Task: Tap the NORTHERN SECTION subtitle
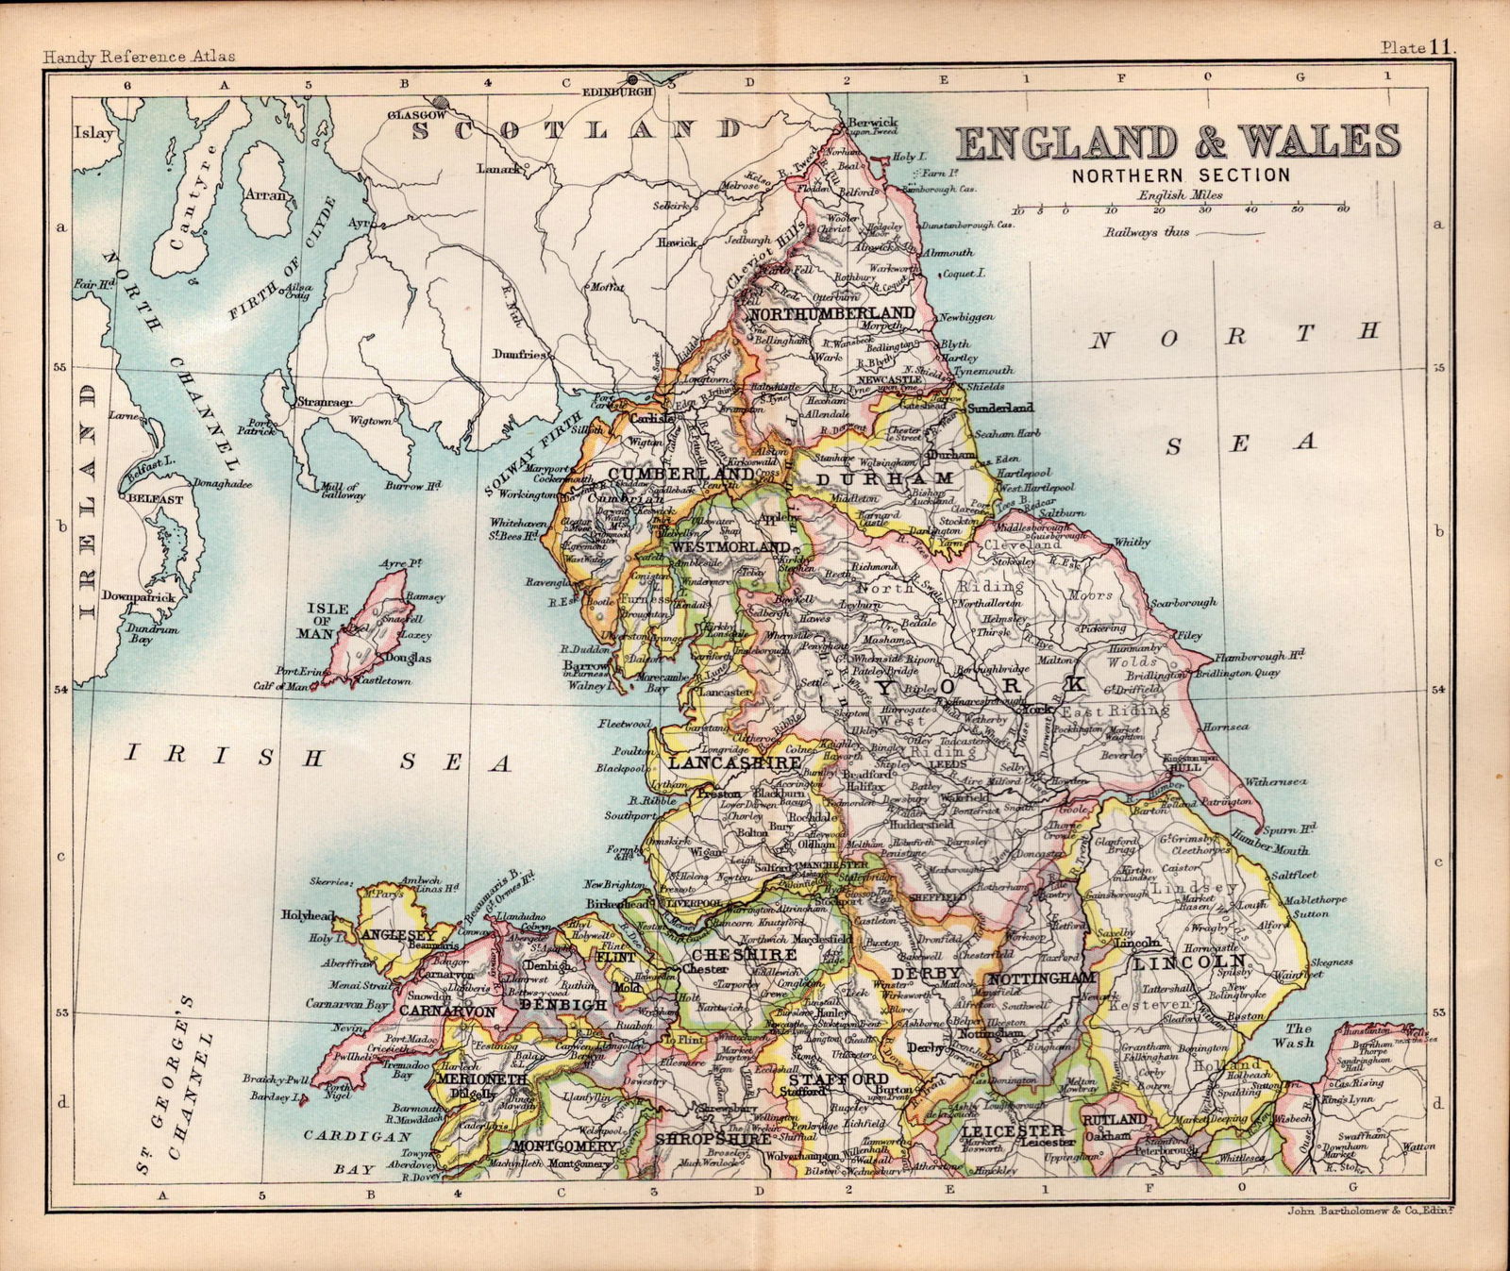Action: (x=1180, y=175)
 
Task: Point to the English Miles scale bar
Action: (x=1180, y=206)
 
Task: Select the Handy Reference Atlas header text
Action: (x=139, y=57)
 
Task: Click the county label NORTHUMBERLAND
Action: (x=830, y=313)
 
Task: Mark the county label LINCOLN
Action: (x=1189, y=963)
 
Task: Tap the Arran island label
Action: (x=265, y=195)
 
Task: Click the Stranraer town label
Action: (x=324, y=402)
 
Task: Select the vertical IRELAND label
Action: (x=88, y=500)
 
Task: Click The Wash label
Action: (x=1300, y=1035)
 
